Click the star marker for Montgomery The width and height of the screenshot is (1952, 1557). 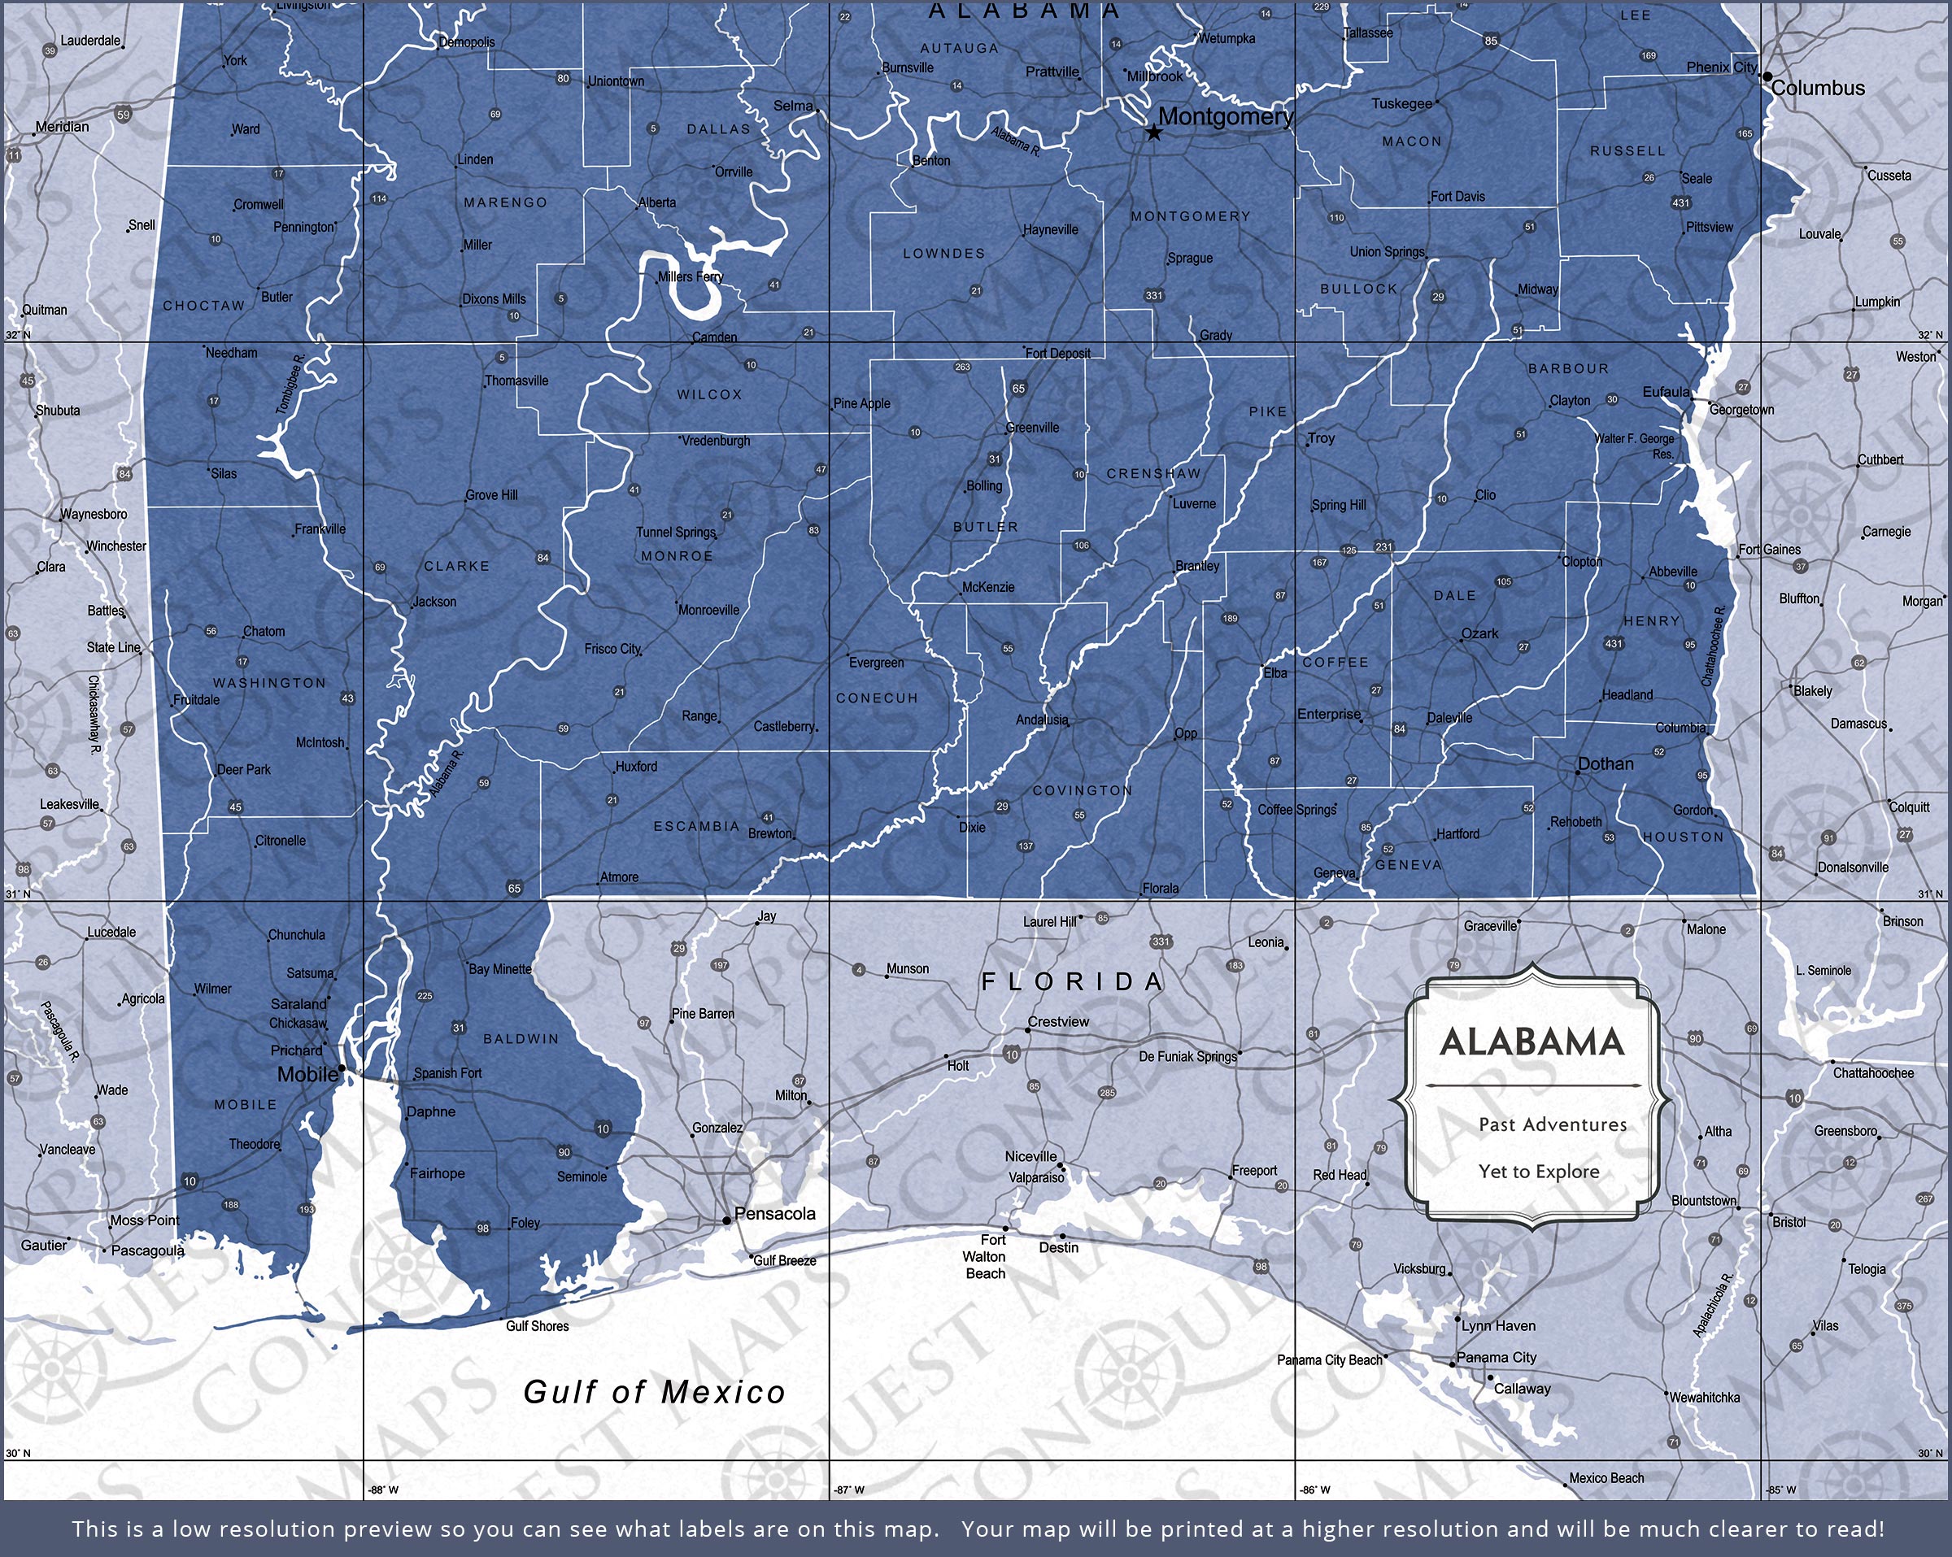[x=1153, y=133]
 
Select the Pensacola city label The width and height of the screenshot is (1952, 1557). [x=774, y=1213]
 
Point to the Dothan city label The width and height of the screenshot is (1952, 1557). [x=1606, y=763]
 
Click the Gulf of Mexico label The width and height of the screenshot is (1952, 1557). [x=655, y=1391]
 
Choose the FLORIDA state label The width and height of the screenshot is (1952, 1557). [x=1073, y=981]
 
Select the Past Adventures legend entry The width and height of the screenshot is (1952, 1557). [x=1552, y=1124]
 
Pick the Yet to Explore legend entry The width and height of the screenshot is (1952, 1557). [x=1538, y=1172]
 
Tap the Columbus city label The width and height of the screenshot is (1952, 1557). [x=1818, y=88]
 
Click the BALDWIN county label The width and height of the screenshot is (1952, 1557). [x=521, y=1038]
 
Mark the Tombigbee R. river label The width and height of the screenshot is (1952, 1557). [x=291, y=385]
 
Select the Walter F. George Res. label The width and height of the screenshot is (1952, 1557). [x=1634, y=446]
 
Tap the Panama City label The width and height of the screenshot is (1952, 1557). [x=1496, y=1357]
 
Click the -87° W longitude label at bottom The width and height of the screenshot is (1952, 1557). [x=848, y=1489]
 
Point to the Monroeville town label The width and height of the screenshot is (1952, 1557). [x=708, y=609]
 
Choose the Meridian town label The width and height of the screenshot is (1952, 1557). [x=63, y=127]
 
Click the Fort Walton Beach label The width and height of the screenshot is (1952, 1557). [x=985, y=1256]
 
